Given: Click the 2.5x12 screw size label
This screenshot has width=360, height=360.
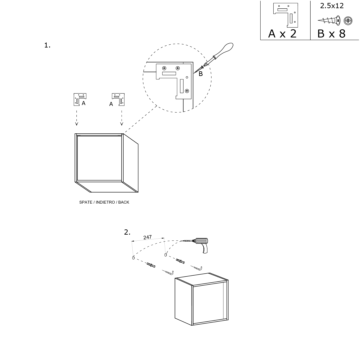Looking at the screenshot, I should [332, 6].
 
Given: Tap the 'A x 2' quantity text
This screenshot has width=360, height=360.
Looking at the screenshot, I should [282, 34].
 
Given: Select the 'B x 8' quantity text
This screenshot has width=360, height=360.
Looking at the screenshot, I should [331, 34].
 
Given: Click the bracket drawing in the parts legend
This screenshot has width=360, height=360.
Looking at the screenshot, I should [286, 15].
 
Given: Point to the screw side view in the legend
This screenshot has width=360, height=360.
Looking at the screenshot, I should [329, 21].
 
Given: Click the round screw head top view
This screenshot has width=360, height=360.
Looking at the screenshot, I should [348, 21].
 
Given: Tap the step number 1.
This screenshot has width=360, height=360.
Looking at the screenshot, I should [47, 45].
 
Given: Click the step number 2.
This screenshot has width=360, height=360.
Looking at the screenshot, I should [127, 232].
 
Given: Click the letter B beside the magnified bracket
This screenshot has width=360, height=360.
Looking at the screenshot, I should [201, 74].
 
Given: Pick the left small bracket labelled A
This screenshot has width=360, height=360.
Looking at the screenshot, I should [80, 99].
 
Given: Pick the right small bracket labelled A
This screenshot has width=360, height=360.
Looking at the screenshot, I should [118, 99].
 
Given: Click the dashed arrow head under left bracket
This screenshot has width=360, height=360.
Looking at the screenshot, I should [77, 124].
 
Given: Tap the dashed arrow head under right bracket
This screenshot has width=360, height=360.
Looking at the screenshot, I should [122, 124].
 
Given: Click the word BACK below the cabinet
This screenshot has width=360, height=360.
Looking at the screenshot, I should [123, 202].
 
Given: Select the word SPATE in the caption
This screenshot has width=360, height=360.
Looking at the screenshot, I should [86, 202].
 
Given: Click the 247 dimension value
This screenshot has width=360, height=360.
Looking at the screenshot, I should [147, 237].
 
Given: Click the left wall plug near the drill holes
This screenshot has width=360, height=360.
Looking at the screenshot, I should [151, 265].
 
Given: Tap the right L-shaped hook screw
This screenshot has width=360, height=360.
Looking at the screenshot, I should [197, 268].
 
